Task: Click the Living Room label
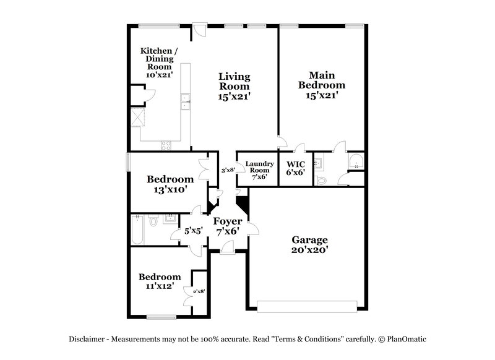235,86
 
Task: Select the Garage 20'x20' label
310,244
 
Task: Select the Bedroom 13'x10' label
170,184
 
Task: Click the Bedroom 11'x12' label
159,281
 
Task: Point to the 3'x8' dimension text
228,170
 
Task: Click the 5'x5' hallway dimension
194,231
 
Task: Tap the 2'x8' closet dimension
199,291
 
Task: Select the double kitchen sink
184,101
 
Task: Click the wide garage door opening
308,307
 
